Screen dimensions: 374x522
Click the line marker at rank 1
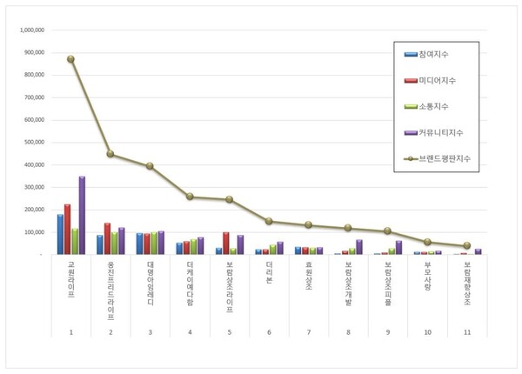click(x=71, y=59)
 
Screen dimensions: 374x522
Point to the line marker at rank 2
click(x=110, y=154)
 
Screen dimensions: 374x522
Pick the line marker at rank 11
click(x=466, y=245)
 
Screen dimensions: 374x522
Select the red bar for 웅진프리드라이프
click(x=107, y=239)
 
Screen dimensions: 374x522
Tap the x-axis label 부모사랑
click(x=426, y=275)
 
